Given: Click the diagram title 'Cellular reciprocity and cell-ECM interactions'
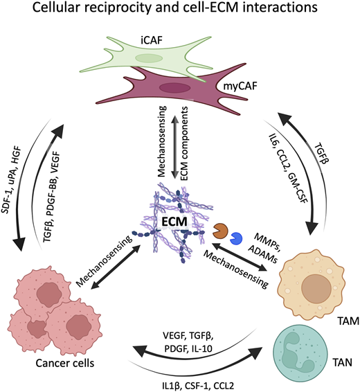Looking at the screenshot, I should click(180, 12).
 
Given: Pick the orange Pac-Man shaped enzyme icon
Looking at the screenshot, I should click(221, 230).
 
